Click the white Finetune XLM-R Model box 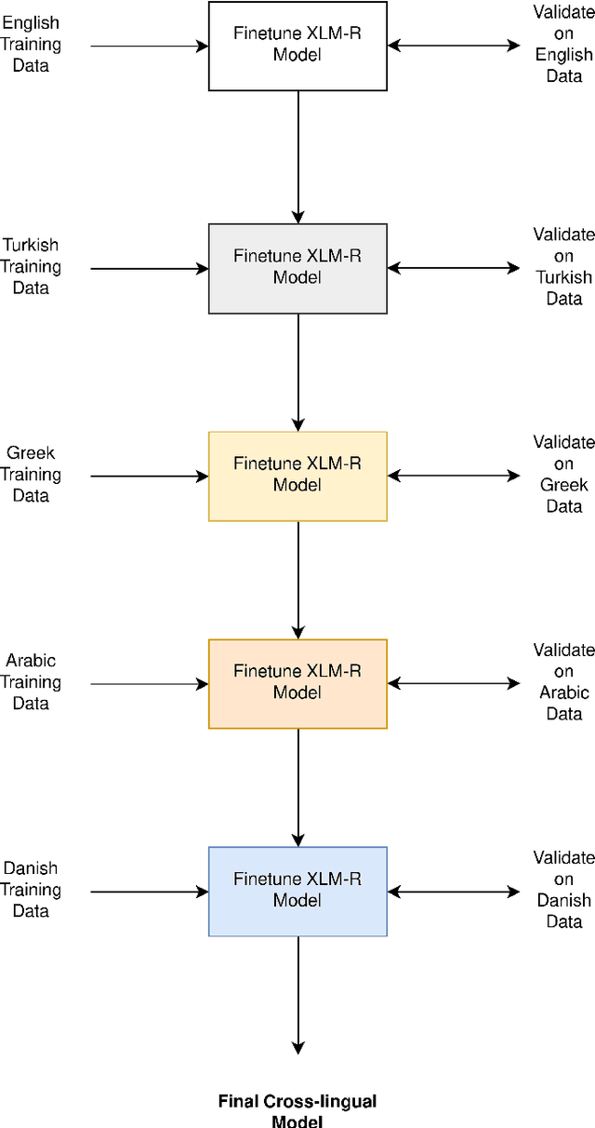[x=297, y=46]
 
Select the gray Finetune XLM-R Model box [x=297, y=268]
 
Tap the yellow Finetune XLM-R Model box [x=297, y=476]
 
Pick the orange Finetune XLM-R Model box [x=297, y=683]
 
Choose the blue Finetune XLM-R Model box [x=297, y=891]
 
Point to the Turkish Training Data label [x=31, y=267]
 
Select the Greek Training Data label [x=31, y=475]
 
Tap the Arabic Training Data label [x=31, y=682]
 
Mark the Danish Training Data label [x=31, y=890]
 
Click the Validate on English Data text [x=563, y=45]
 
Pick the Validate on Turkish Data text [x=563, y=267]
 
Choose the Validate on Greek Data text [x=563, y=475]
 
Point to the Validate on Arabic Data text [x=563, y=682]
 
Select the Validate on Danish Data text [x=563, y=890]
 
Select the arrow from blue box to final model [x=297, y=994]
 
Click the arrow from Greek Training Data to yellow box [x=149, y=477]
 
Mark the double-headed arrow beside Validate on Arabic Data [x=454, y=683]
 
